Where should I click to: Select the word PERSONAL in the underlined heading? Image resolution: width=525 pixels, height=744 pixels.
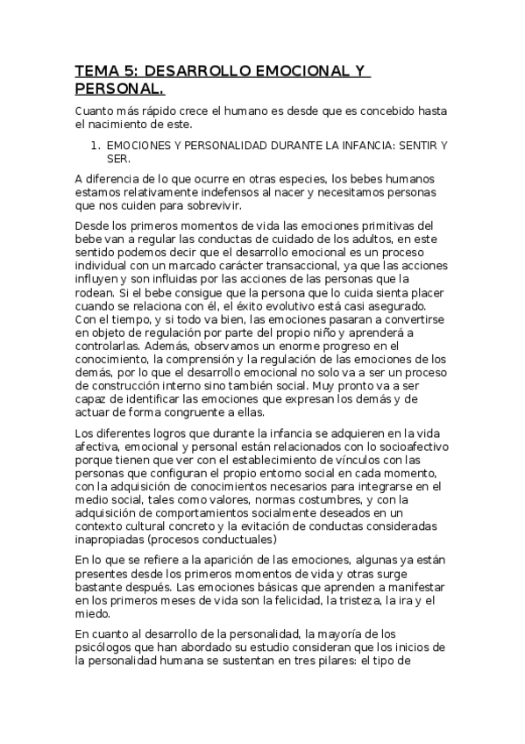click(116, 89)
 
